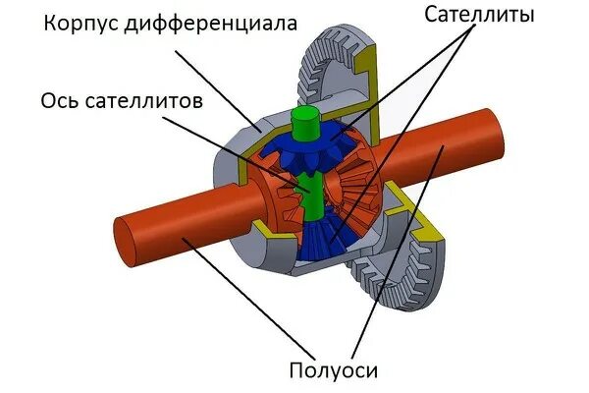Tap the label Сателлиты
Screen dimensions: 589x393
pyautogui.click(x=480, y=15)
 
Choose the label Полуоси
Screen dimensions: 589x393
pyautogui.click(x=334, y=370)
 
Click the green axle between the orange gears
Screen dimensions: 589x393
pyautogui.click(x=311, y=193)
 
